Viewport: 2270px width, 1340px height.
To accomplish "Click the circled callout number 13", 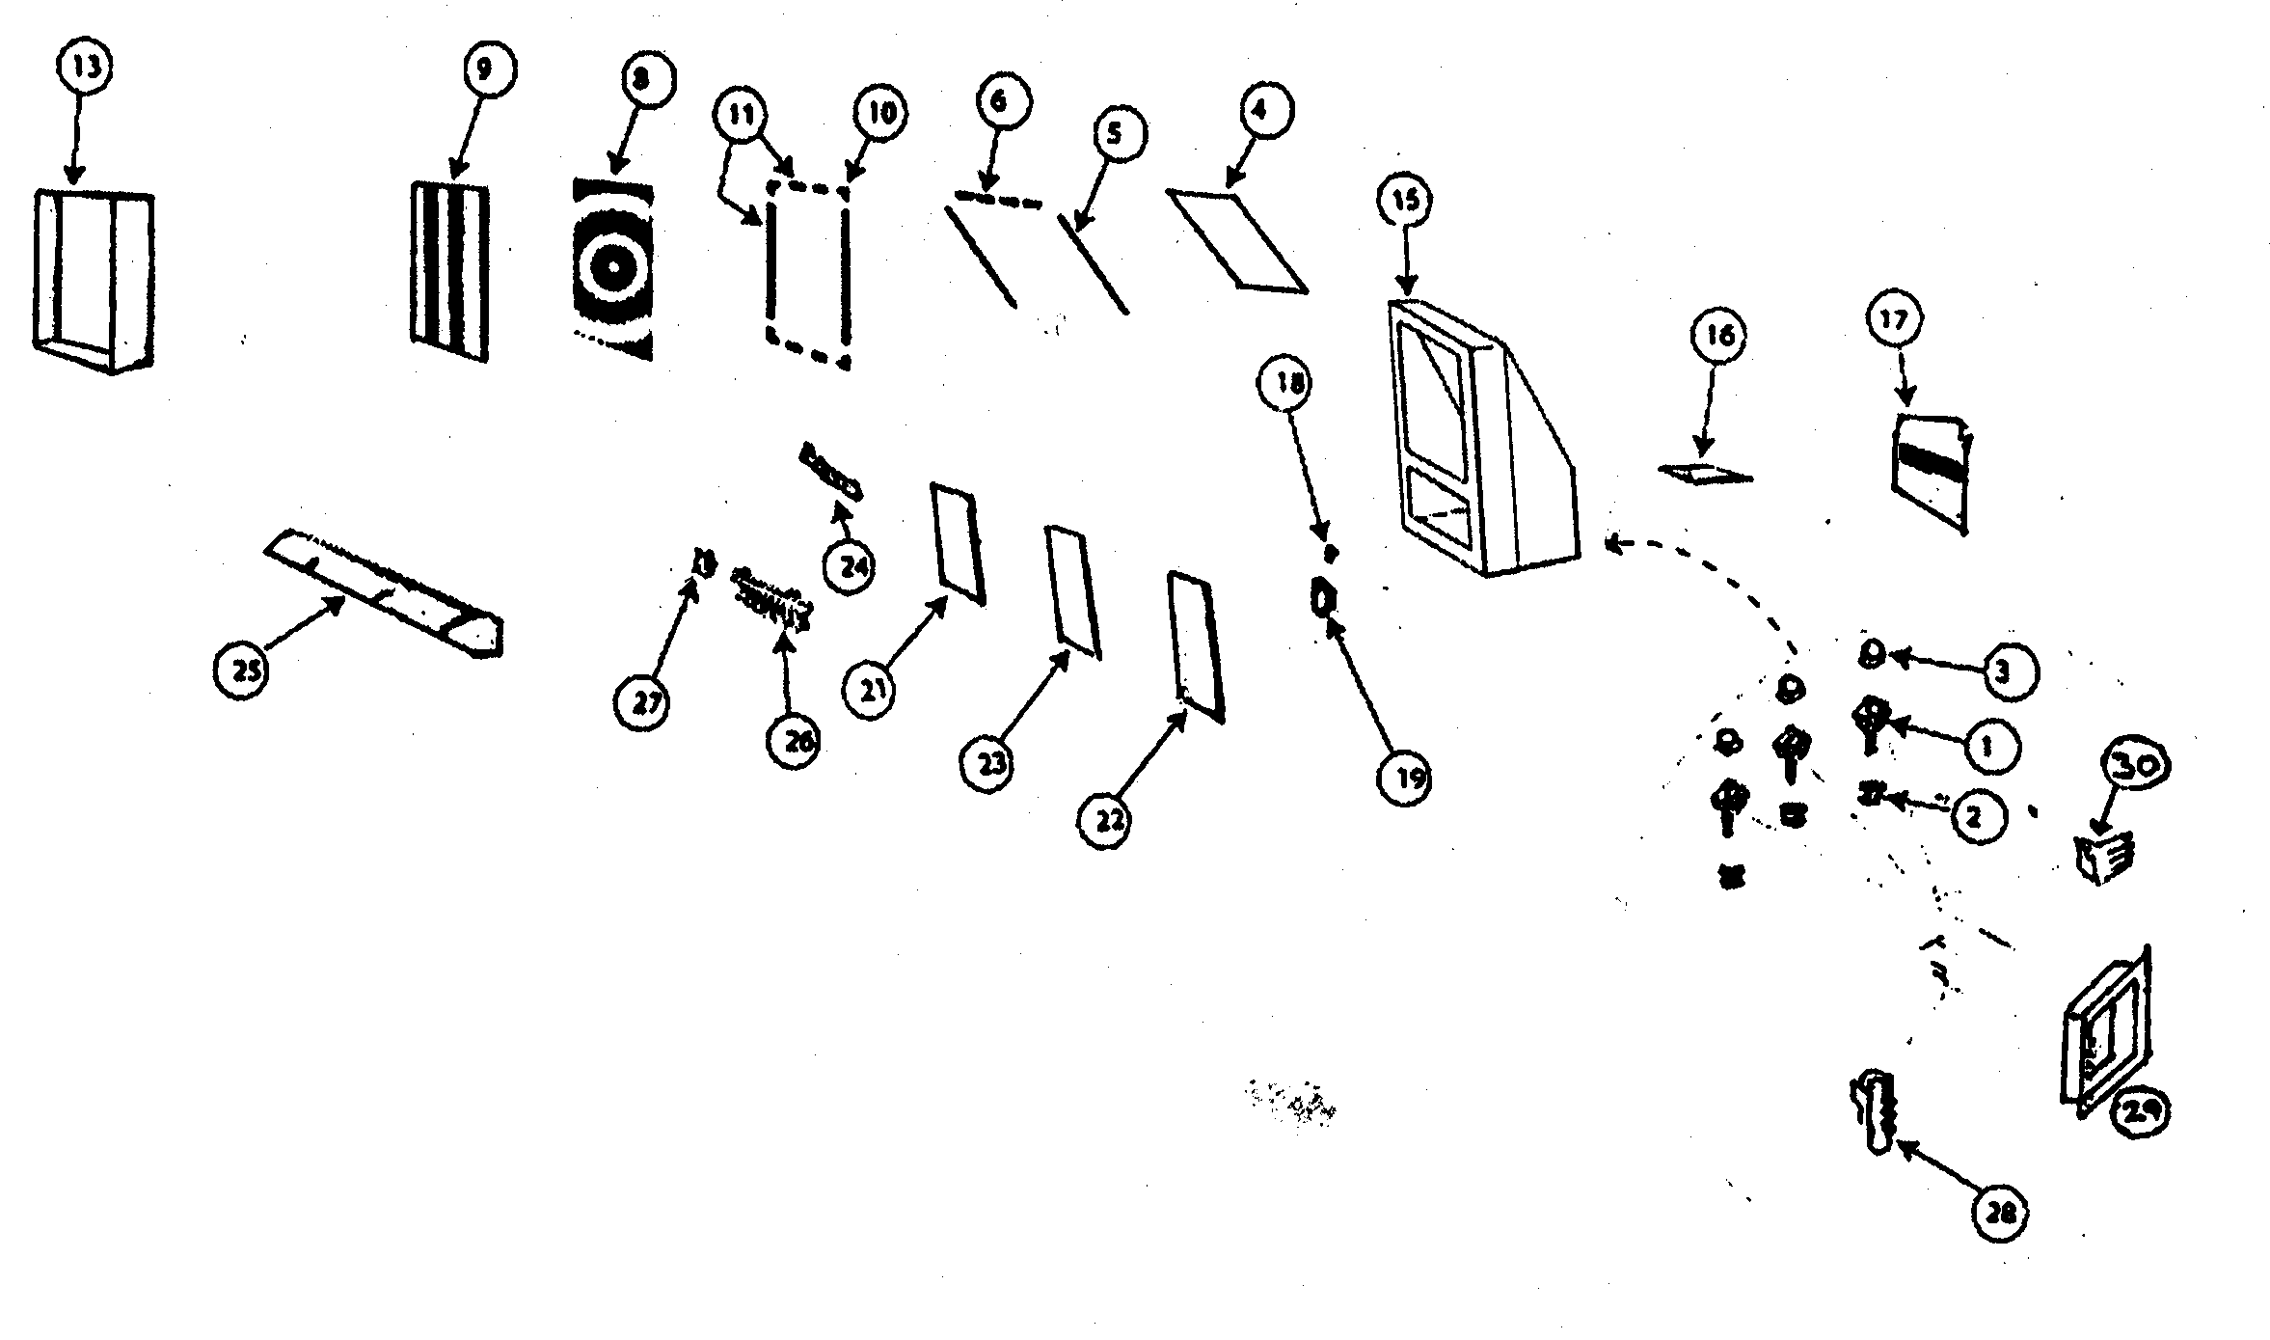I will coord(85,69).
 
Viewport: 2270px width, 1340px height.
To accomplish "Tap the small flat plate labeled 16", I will coord(1705,474).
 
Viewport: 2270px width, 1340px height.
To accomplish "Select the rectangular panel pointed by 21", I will coord(957,543).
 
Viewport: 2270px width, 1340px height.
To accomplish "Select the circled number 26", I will coord(793,740).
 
